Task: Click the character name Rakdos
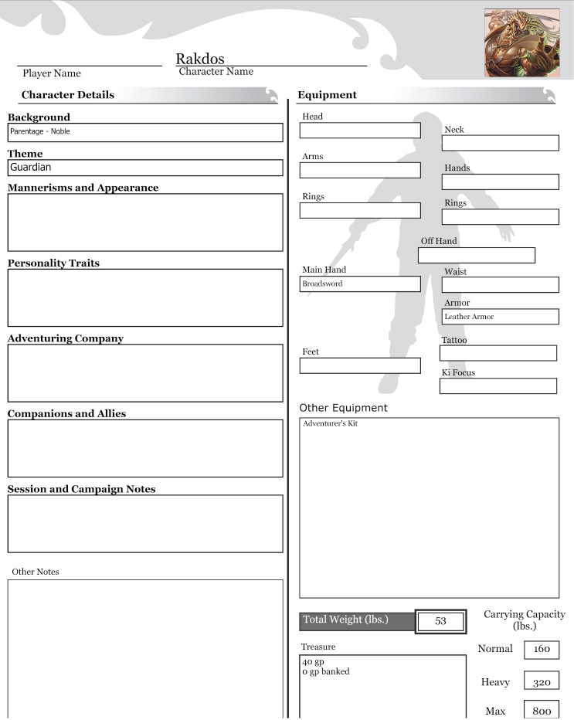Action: click(200, 59)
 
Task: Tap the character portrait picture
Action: click(521, 42)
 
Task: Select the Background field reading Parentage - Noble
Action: click(145, 132)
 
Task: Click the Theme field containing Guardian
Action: click(145, 168)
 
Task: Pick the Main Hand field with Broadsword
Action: click(360, 284)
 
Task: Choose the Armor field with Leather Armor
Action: click(500, 317)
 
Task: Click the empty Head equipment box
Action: click(360, 131)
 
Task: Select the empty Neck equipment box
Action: click(500, 143)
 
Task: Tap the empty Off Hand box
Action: click(476, 255)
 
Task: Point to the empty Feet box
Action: click(360, 365)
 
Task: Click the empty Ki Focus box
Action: click(498, 385)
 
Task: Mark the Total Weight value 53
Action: click(440, 621)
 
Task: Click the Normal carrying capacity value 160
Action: click(542, 649)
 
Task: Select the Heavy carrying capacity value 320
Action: click(542, 683)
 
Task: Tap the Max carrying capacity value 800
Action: click(542, 711)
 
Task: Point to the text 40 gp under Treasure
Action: click(313, 662)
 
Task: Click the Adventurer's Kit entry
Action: click(331, 424)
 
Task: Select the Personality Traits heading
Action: click(53, 263)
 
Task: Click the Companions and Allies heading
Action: click(66, 414)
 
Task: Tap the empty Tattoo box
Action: click(498, 353)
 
